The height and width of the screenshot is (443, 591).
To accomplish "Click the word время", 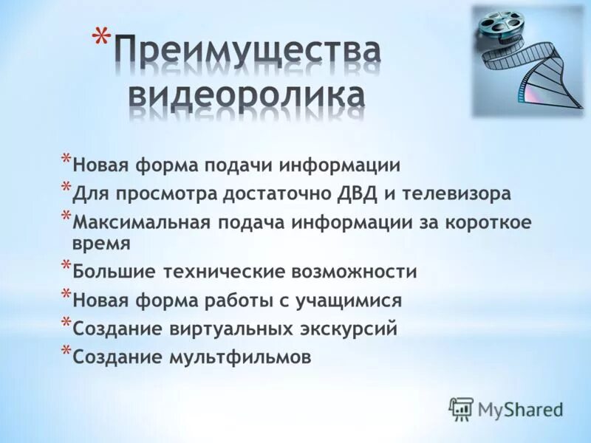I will click(103, 244).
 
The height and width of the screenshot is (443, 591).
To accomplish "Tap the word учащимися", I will click(350, 301).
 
